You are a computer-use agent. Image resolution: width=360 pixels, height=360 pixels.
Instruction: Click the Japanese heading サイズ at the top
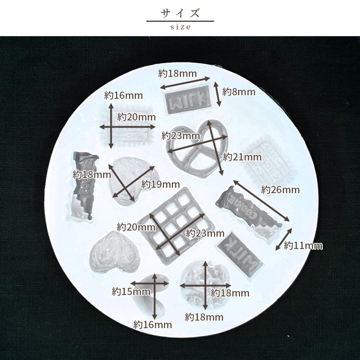[x=180, y=13]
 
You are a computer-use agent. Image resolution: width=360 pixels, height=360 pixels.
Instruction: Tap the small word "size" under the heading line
[x=181, y=27]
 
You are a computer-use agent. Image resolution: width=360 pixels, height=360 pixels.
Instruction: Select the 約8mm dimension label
[x=239, y=92]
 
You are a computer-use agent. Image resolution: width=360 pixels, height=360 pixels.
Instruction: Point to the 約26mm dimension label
[x=281, y=190]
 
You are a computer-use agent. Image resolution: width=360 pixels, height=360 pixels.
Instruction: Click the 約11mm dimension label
[x=303, y=246]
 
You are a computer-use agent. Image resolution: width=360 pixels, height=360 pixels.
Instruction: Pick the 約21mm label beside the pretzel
[x=242, y=157]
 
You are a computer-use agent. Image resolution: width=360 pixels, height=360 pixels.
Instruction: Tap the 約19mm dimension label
[x=161, y=184]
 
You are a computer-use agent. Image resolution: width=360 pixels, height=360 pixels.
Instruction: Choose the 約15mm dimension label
[x=131, y=292]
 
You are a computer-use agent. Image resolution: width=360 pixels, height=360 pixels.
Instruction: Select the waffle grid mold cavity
[x=177, y=226]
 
